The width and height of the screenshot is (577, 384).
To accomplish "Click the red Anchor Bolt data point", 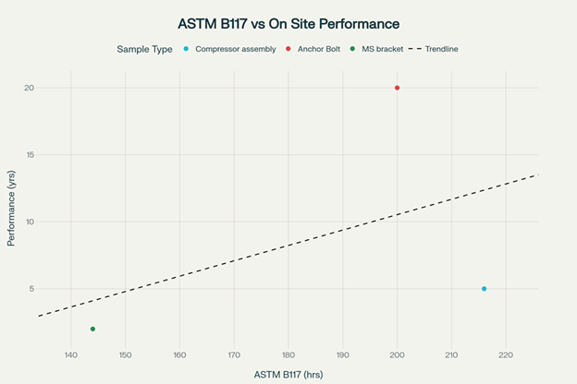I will pyautogui.click(x=398, y=88).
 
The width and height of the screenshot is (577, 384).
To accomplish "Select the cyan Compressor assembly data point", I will pyautogui.click(x=484, y=289).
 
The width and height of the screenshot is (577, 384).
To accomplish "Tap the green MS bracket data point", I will pyautogui.click(x=92, y=329).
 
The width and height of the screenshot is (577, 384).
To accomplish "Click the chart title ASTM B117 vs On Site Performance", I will pyautogui.click(x=288, y=22).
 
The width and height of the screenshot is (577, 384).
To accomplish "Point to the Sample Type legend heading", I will pyautogui.click(x=144, y=49).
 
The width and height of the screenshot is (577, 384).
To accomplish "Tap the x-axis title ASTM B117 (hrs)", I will pyautogui.click(x=288, y=374).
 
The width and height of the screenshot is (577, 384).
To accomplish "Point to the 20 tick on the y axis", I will pyautogui.click(x=30, y=88).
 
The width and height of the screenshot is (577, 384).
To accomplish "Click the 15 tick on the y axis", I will pyautogui.click(x=30, y=155).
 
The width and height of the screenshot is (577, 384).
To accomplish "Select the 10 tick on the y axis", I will pyautogui.click(x=30, y=222).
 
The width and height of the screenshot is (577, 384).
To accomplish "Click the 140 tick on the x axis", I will pyautogui.click(x=70, y=354).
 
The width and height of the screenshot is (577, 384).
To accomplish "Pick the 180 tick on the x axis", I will pyautogui.click(x=288, y=354).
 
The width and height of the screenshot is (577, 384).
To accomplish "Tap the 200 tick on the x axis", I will pyautogui.click(x=398, y=354).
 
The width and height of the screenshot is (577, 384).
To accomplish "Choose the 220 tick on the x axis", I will pyautogui.click(x=506, y=354).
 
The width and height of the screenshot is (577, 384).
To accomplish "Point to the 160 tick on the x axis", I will pyautogui.click(x=179, y=354).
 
